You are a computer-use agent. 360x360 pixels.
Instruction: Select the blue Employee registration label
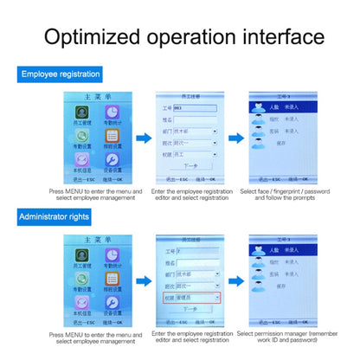pos(61,75)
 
